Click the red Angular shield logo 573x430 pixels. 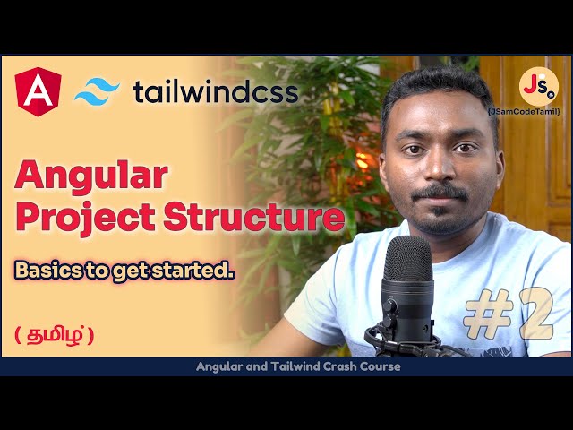pyautogui.click(x=38, y=90)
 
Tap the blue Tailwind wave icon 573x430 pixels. pyautogui.click(x=97, y=91)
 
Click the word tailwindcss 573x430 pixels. pyautogui.click(x=215, y=91)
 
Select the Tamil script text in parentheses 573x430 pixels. pyautogui.click(x=54, y=335)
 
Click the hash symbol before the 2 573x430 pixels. pyautogui.click(x=488, y=315)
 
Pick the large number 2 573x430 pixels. pyautogui.click(x=535, y=315)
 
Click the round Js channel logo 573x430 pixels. pyautogui.click(x=538, y=88)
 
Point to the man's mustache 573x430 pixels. pyautogui.click(x=440, y=193)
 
